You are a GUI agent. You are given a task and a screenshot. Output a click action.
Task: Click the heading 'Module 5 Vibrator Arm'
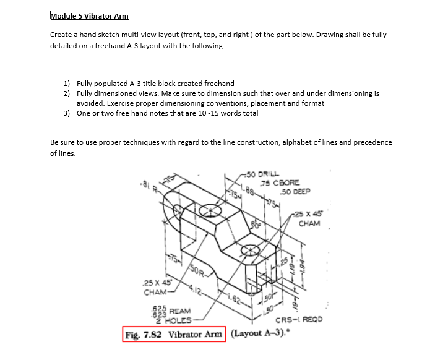pyautogui.click(x=89, y=15)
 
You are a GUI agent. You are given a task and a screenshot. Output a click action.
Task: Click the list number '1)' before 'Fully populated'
pyautogui.click(x=67, y=84)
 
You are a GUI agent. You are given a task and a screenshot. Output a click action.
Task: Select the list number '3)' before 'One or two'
pyautogui.click(x=67, y=113)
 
